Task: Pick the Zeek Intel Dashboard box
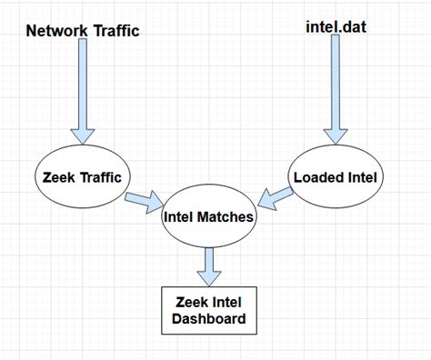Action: [210, 311]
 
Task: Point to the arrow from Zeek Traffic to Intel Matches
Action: [141, 200]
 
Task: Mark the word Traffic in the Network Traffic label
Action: [113, 30]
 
